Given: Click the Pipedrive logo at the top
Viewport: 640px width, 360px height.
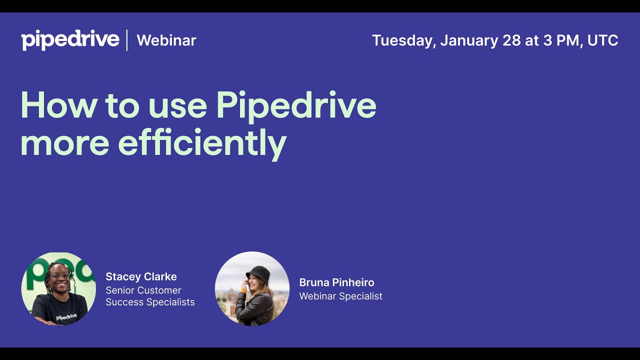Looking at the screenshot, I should click(x=70, y=40).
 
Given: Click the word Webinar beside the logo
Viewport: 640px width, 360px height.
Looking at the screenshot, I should click(x=166, y=40).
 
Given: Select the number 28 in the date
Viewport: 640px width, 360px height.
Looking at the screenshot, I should click(x=511, y=40).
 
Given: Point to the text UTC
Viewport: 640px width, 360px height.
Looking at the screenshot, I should click(x=602, y=40).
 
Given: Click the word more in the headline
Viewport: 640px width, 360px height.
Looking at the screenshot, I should click(x=64, y=143).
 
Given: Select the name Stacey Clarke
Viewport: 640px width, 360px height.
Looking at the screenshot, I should click(x=141, y=276).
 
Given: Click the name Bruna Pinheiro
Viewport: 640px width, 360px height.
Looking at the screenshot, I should click(x=336, y=282).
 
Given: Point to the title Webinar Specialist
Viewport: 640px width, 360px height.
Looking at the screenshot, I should click(x=340, y=296).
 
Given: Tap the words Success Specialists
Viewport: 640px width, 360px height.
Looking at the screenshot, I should click(x=150, y=302).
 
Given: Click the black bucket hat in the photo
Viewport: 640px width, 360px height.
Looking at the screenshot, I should click(x=258, y=273).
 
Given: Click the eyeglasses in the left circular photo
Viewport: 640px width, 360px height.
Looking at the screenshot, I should click(x=60, y=275).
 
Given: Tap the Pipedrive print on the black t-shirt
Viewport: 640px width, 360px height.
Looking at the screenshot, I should click(x=66, y=317).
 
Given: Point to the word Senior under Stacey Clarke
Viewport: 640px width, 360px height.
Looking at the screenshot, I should click(x=120, y=290).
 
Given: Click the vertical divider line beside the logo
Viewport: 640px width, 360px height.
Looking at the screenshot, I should click(x=127, y=40).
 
